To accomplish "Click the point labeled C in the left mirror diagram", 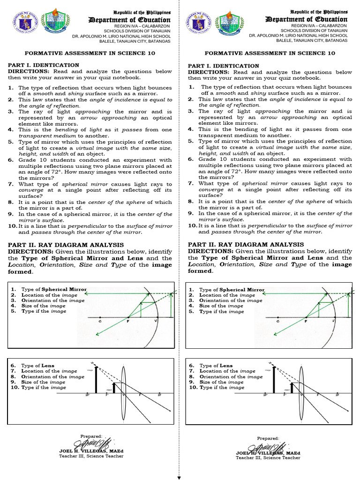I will (100, 322).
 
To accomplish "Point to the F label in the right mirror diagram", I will (306, 322).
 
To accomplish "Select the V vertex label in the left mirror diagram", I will (156, 322).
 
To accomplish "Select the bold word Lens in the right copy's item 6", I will (226, 366).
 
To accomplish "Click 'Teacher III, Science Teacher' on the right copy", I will (268, 457).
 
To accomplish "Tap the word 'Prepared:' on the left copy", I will (91, 436).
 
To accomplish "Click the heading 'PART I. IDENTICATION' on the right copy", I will (223, 66).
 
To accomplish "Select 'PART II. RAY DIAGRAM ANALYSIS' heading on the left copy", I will (66, 245).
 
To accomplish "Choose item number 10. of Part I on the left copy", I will (13, 225).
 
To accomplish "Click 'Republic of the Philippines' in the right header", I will (319, 11).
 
